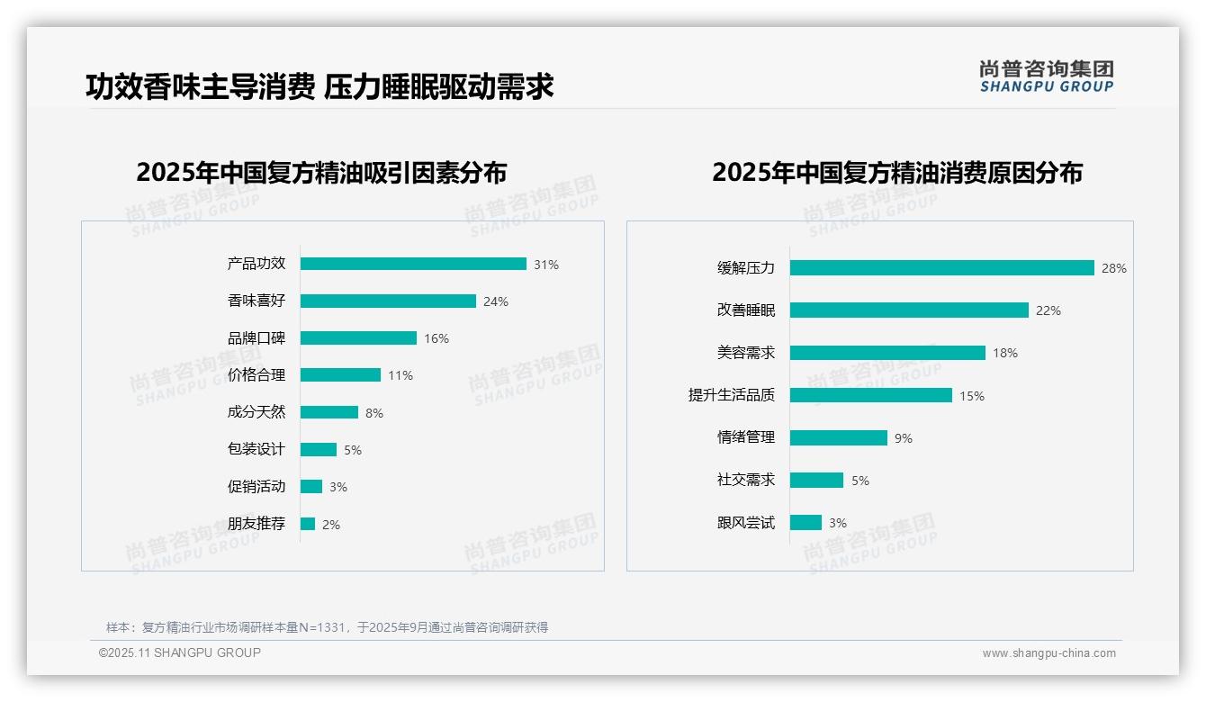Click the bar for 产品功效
point(413,264)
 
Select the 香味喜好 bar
point(388,301)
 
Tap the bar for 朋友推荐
point(308,524)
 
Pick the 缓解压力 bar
point(941,267)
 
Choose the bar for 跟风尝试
point(805,522)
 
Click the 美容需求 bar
point(887,353)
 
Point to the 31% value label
point(546,265)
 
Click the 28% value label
point(1114,268)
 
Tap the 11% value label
point(400,375)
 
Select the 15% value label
point(972,396)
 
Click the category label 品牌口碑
point(256,338)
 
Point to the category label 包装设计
point(256,449)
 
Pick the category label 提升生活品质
point(732,395)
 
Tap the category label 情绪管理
point(746,437)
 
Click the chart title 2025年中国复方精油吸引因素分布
point(321,173)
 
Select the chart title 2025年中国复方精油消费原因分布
point(896,173)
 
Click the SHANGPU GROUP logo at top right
point(1047,76)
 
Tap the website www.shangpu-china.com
point(1048,653)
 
